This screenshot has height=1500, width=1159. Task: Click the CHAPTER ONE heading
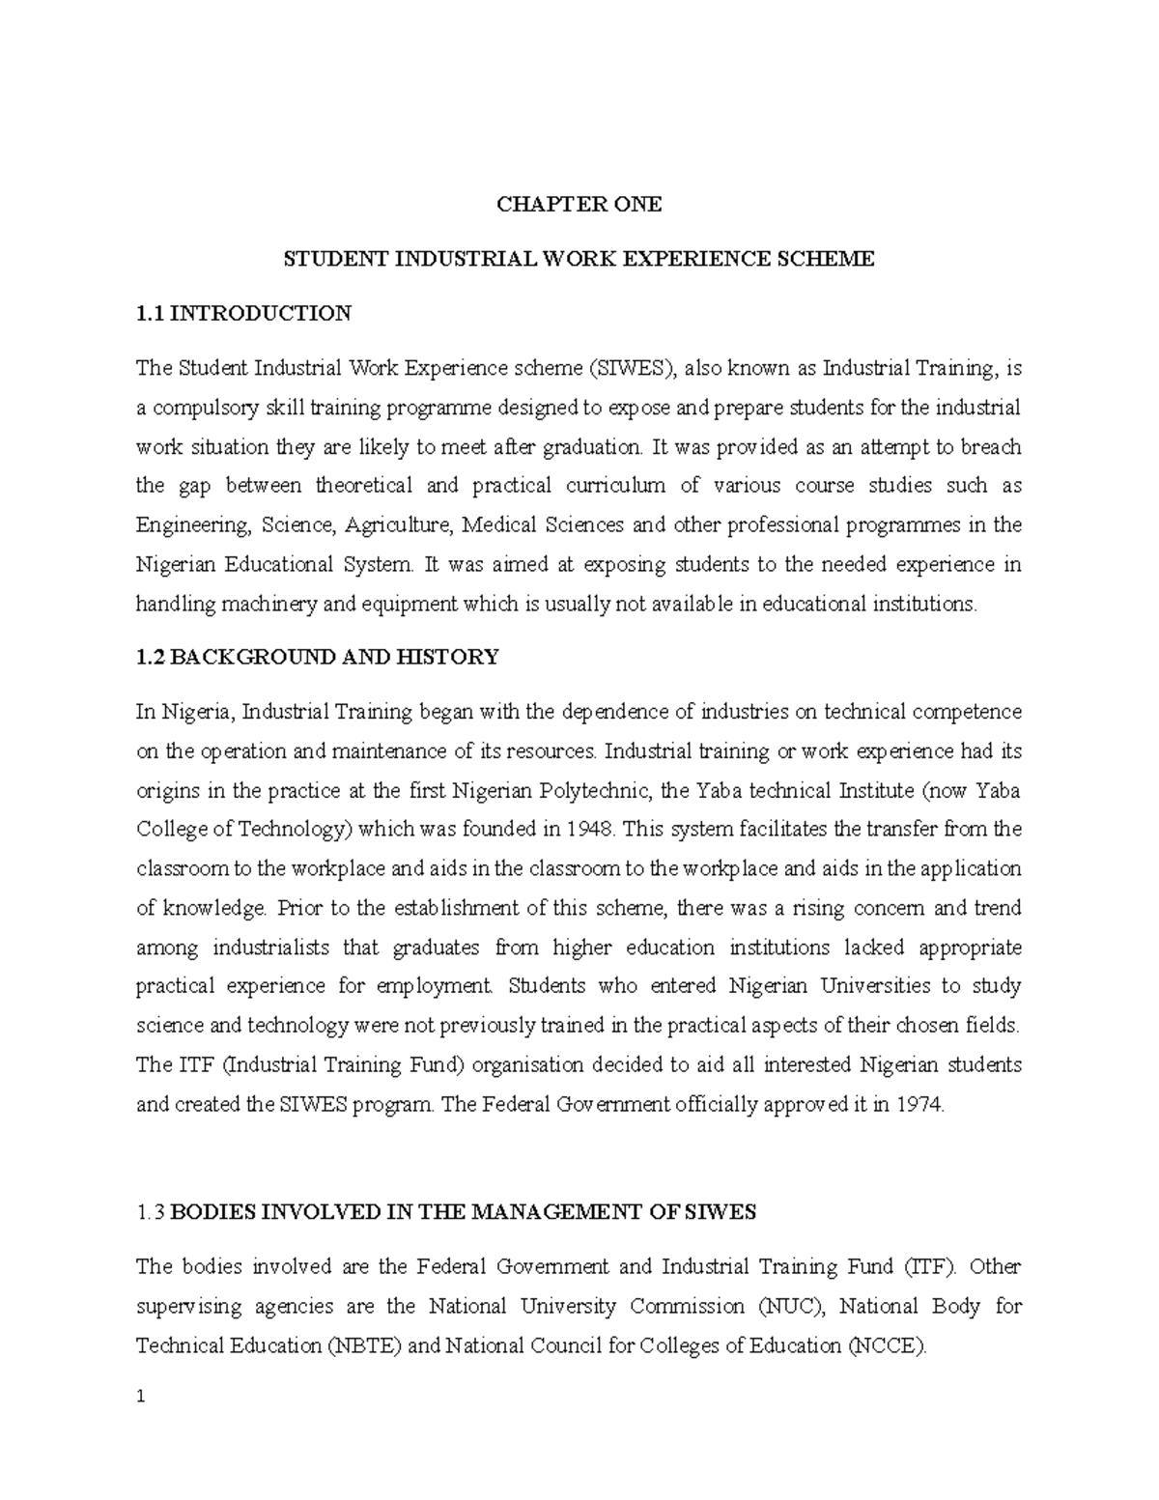coord(579,205)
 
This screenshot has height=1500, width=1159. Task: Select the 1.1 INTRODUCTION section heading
coord(243,313)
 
